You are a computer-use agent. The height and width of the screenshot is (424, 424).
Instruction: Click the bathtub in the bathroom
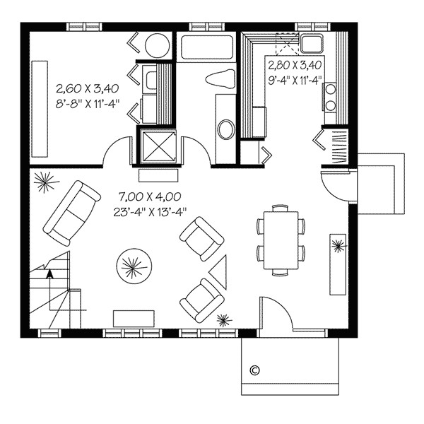(x=206, y=48)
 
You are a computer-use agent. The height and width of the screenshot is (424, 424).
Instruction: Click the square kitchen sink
(x=310, y=46)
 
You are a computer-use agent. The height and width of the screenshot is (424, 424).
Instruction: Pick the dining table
(x=281, y=239)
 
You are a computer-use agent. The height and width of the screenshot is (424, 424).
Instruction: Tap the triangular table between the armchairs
(x=220, y=269)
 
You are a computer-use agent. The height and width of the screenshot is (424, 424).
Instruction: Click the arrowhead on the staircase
(x=49, y=274)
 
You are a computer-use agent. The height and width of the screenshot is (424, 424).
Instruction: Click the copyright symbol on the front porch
(x=255, y=369)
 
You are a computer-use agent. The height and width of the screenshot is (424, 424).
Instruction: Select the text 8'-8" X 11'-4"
(x=88, y=102)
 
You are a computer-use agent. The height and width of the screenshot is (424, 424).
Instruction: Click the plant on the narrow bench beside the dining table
(x=338, y=247)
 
